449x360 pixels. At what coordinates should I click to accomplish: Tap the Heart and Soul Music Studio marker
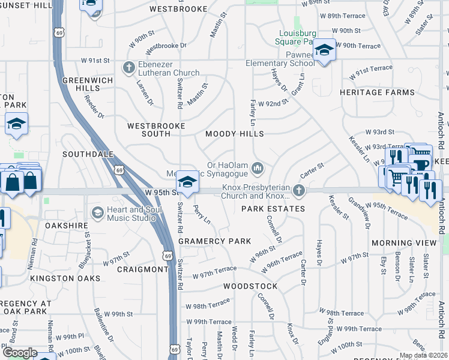point(98,212)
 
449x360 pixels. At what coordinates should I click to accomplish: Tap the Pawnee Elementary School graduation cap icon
point(324,50)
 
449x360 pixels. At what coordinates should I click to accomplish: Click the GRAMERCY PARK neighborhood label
point(214,241)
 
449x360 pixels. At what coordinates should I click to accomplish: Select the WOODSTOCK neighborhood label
point(250,286)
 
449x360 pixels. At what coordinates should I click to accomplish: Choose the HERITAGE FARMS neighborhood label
point(377,92)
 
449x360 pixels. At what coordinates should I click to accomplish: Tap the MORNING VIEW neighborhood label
point(404,242)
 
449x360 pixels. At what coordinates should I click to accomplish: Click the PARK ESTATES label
point(273,209)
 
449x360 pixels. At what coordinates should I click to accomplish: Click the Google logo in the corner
point(20,353)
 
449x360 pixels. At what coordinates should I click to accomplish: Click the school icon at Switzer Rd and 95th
point(187,182)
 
